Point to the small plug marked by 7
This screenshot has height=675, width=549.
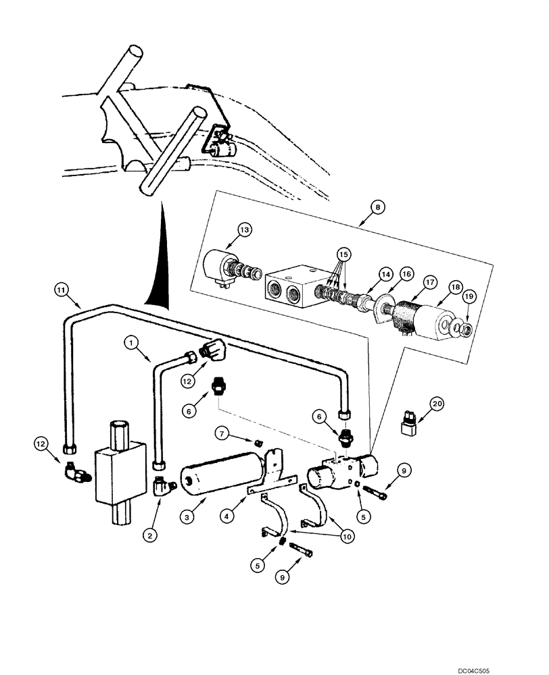click(x=258, y=442)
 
